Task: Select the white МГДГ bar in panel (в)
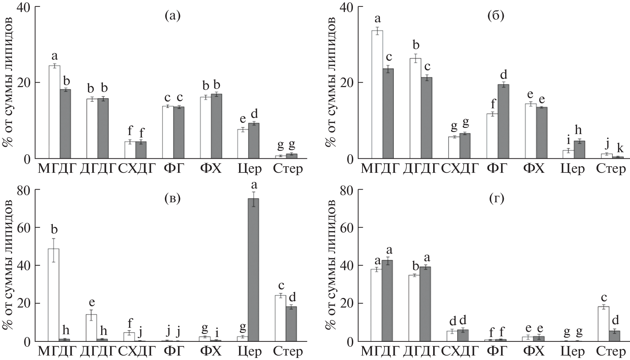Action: point(54,295)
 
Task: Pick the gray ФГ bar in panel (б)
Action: point(503,121)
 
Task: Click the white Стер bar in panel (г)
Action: point(603,324)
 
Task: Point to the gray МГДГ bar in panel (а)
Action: point(65,124)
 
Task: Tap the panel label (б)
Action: point(496,16)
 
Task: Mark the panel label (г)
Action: point(496,199)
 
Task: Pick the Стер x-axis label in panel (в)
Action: point(288,352)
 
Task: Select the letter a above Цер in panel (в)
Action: point(254,185)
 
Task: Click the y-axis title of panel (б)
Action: point(331,83)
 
